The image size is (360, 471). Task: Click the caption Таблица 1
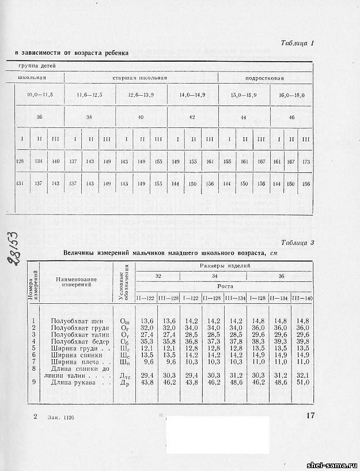click(x=297, y=43)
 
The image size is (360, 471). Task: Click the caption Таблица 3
click(x=297, y=243)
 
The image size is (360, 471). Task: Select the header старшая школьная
click(x=140, y=77)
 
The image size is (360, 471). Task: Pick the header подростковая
click(x=265, y=77)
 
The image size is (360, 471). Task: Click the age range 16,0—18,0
click(x=291, y=95)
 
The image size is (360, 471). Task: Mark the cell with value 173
click(x=306, y=162)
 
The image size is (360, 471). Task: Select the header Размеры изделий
click(x=224, y=267)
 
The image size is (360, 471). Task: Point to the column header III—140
click(x=301, y=297)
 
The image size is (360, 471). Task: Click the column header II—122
click(x=146, y=297)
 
